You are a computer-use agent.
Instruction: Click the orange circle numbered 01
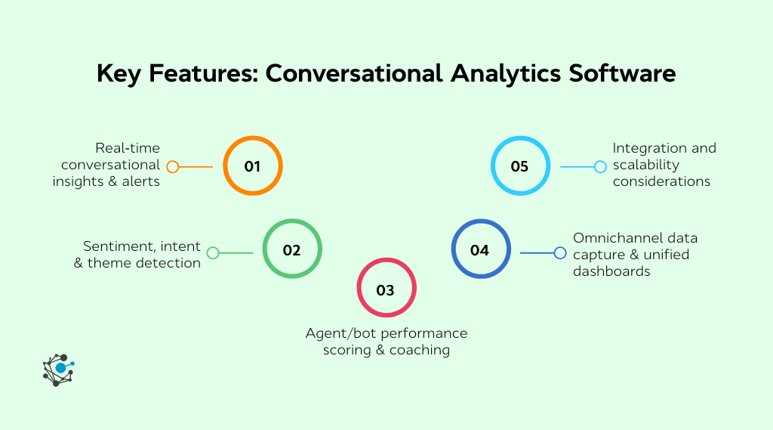252,166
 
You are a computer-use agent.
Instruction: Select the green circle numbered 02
292,250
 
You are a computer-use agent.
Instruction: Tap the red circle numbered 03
386,289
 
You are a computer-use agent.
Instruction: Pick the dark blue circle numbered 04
480,249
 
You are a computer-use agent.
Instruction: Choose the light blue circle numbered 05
519,166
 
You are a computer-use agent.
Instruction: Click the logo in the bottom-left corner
59,370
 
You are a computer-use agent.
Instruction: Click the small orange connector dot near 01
173,167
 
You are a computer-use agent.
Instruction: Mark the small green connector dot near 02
213,253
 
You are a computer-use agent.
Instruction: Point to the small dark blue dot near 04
560,253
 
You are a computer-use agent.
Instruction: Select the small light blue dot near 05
600,167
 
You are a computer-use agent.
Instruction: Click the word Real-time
128,148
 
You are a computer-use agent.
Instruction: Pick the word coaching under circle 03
420,350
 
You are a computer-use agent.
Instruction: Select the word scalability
646,165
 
